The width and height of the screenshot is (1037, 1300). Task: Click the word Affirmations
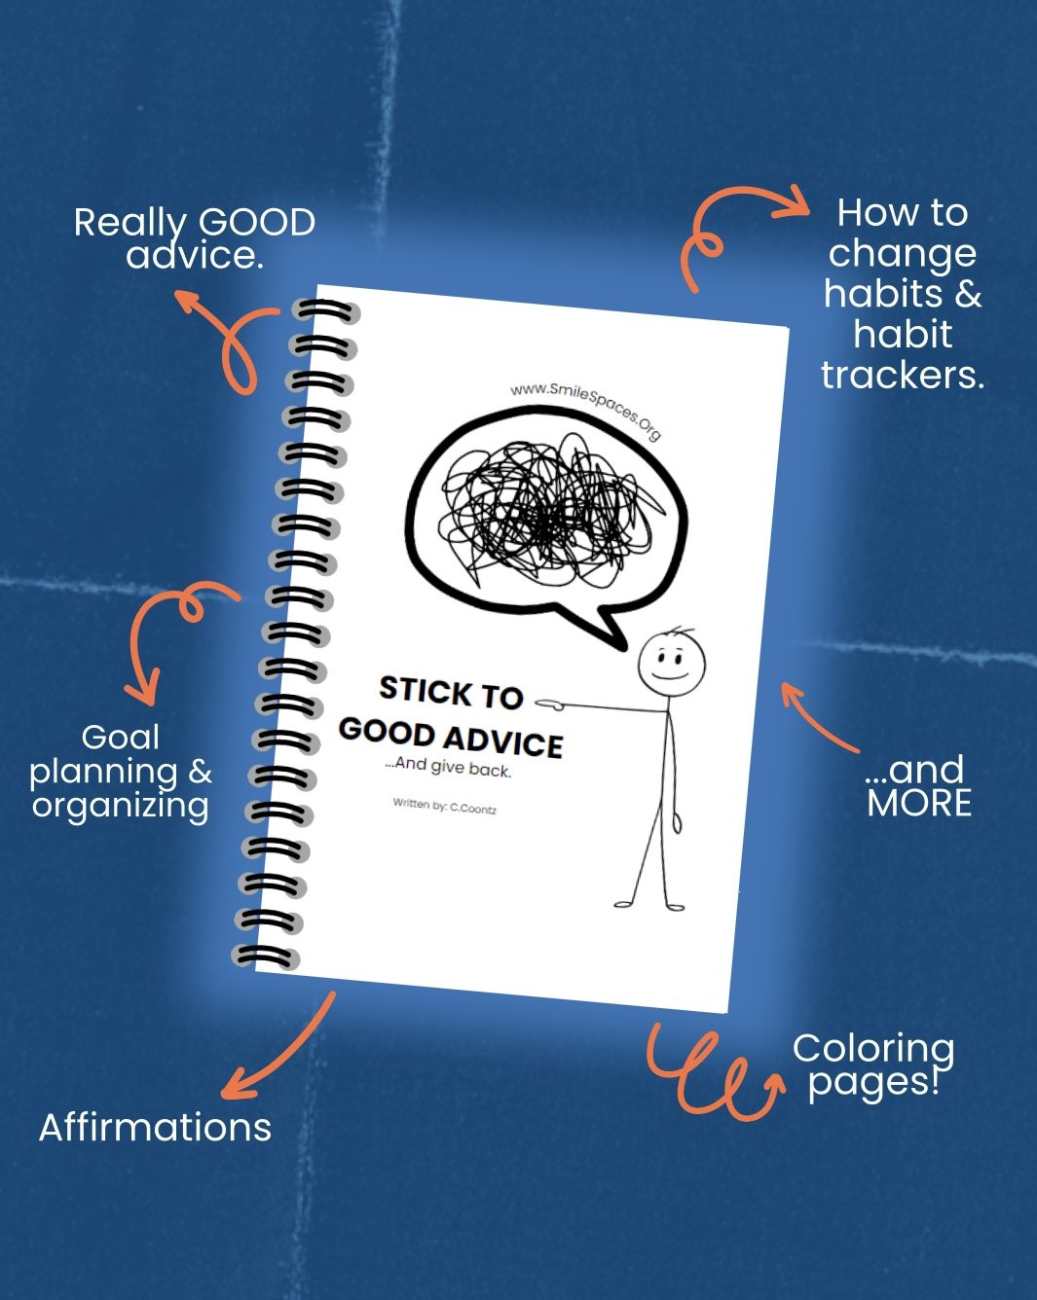pos(155,1127)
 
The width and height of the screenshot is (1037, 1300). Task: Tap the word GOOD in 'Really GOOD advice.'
pos(257,223)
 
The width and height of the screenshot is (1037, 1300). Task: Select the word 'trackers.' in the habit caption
pos(903,375)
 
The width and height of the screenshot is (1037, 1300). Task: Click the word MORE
pos(919,804)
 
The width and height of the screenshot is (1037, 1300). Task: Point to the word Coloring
pos(872,1048)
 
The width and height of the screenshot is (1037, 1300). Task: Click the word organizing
pos(120,806)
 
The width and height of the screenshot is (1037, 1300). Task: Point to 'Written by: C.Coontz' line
pos(445,806)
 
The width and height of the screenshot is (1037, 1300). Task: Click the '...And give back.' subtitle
pos(448,767)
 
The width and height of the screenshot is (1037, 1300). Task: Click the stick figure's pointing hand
pos(551,701)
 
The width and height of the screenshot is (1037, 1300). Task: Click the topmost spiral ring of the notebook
pos(327,311)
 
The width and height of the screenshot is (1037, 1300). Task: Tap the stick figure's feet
pos(649,905)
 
